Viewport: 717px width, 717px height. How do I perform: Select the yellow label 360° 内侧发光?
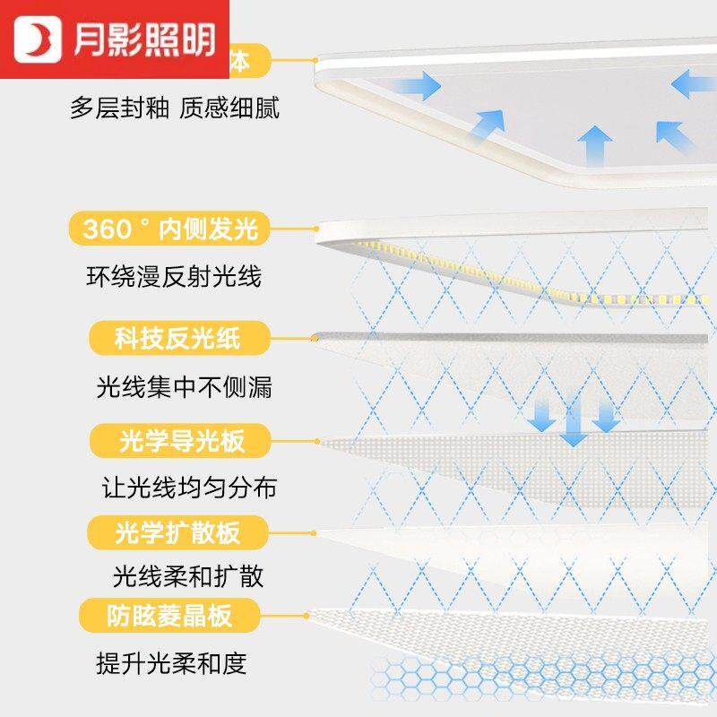pos(170,229)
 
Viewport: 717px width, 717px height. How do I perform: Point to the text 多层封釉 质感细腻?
pos(175,108)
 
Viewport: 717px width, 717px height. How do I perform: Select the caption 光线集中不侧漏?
pos(183,387)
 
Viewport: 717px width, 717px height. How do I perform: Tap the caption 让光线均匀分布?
pos(187,488)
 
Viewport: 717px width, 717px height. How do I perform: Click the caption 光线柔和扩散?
pos(188,574)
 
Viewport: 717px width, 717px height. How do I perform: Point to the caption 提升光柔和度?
pos(170,664)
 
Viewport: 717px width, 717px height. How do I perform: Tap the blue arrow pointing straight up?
pos(594,143)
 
